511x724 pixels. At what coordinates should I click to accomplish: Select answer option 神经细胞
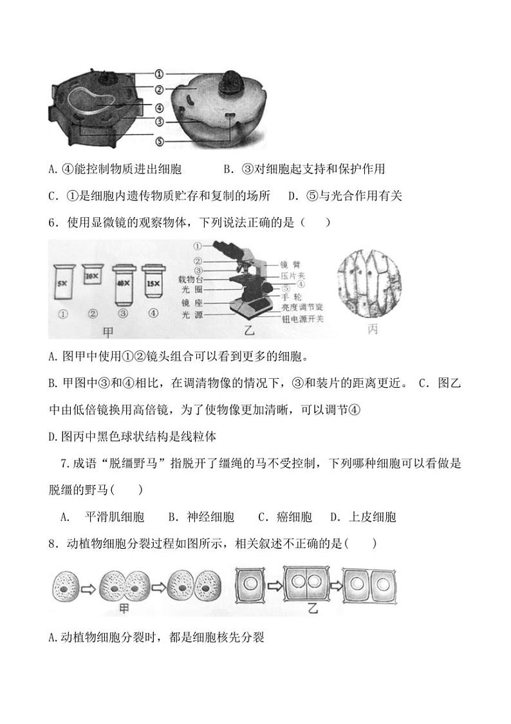pos(210,517)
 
